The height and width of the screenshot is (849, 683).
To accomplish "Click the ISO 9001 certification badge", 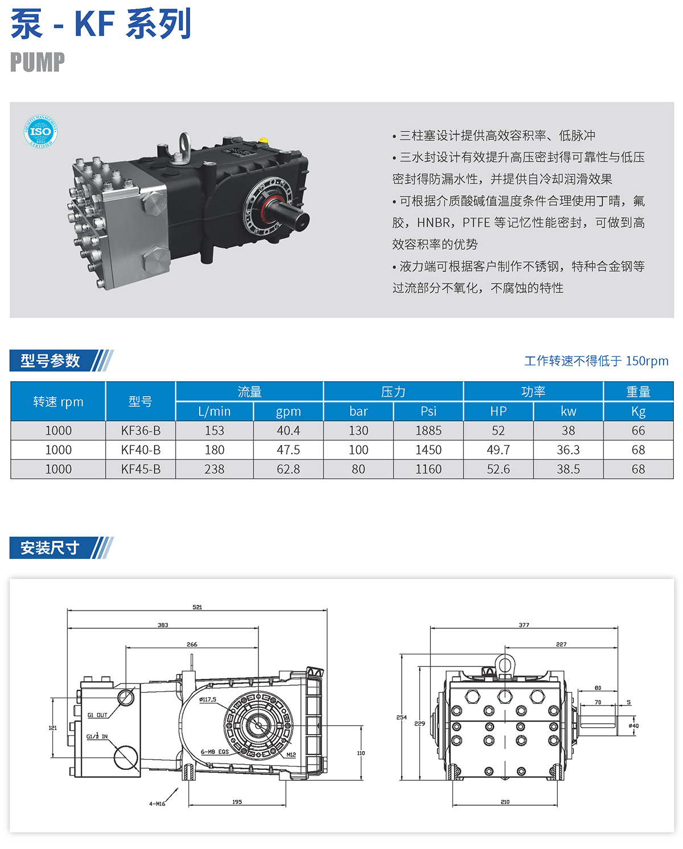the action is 40,131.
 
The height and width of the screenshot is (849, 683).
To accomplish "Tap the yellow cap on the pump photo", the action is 263,141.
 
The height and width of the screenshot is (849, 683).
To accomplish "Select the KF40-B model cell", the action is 141,450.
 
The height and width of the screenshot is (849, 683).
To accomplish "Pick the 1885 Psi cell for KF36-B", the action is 428,430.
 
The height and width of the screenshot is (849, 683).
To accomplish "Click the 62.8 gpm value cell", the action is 288,469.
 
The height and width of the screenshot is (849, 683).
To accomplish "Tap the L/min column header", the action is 214,411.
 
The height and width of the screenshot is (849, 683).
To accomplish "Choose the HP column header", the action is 498,411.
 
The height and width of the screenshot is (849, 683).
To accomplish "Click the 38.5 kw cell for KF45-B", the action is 568,469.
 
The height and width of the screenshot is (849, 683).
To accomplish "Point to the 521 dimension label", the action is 198,607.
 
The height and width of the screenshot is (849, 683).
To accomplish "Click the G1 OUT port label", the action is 97,715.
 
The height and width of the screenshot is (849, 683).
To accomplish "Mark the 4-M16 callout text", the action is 157,803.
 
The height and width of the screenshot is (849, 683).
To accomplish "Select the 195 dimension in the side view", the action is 237,802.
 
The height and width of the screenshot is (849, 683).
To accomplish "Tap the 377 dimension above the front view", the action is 524,625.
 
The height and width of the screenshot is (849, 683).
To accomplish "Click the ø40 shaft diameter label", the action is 633,726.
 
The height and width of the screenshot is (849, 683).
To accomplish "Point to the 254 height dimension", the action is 401,717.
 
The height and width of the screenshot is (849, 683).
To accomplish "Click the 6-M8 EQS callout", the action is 215,752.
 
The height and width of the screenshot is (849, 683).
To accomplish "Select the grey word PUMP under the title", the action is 38,62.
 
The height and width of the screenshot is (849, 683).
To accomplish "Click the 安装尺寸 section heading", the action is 50,547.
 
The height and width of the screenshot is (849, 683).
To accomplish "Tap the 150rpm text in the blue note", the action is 647,361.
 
